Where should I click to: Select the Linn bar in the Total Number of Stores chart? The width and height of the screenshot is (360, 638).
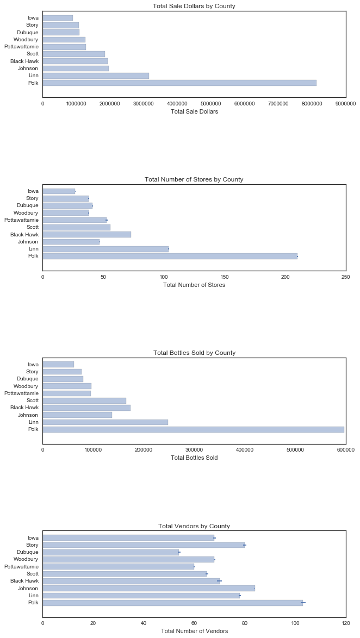(105, 249)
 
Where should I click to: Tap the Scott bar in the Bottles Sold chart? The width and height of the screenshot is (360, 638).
(84, 401)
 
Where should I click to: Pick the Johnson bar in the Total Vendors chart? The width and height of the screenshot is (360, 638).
(148, 588)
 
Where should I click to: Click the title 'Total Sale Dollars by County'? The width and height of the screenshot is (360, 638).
(194, 6)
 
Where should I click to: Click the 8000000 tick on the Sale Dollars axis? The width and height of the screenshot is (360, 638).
(312, 103)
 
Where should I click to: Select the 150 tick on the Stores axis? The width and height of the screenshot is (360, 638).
(225, 276)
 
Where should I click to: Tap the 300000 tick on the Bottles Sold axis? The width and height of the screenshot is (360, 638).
(194, 449)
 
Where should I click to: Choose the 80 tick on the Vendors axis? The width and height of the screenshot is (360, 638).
(245, 623)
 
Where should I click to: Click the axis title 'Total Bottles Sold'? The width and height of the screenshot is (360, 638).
(194, 458)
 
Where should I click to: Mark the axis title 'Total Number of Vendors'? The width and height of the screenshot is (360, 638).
(194, 631)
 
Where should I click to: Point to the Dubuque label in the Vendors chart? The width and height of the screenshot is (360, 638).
(27, 552)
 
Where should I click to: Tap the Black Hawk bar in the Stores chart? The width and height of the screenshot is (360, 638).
(87, 234)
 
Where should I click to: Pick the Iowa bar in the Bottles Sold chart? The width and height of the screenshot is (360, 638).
(58, 364)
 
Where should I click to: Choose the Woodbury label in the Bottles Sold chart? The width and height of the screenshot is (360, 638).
(26, 386)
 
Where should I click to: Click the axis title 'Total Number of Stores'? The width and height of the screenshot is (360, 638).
(194, 285)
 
